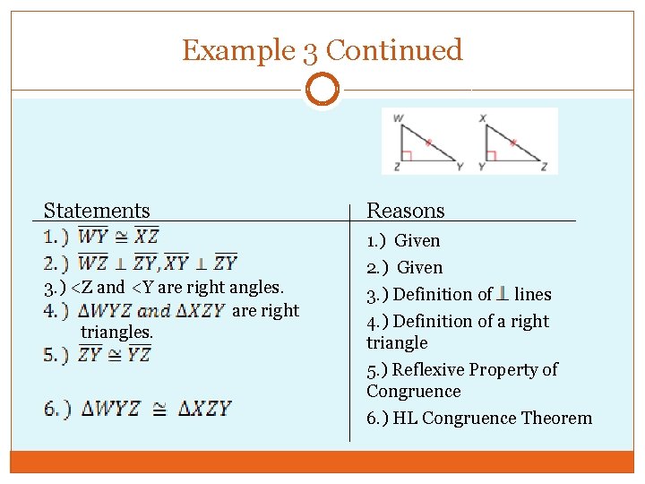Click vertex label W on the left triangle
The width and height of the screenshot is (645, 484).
pyautogui.click(x=398, y=117)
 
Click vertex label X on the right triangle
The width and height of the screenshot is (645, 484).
pyautogui.click(x=483, y=117)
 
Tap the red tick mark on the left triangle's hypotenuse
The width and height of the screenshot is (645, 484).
pyautogui.click(x=428, y=143)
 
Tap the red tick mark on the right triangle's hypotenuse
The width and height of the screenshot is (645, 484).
pyautogui.click(x=512, y=143)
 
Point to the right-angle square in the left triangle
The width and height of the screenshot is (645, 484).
pyautogui.click(x=406, y=156)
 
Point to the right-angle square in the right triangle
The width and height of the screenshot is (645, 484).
pyautogui.click(x=491, y=156)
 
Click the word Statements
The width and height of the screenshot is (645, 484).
pyautogui.click(x=97, y=211)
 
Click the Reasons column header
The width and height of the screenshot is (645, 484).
pyautogui.click(x=406, y=211)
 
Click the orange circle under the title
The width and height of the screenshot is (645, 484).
pyautogui.click(x=322, y=91)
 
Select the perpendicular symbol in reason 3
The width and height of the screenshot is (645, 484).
pyautogui.click(x=503, y=293)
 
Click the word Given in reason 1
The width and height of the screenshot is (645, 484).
pyautogui.click(x=417, y=240)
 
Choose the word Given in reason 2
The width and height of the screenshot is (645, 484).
pyautogui.click(x=419, y=267)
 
